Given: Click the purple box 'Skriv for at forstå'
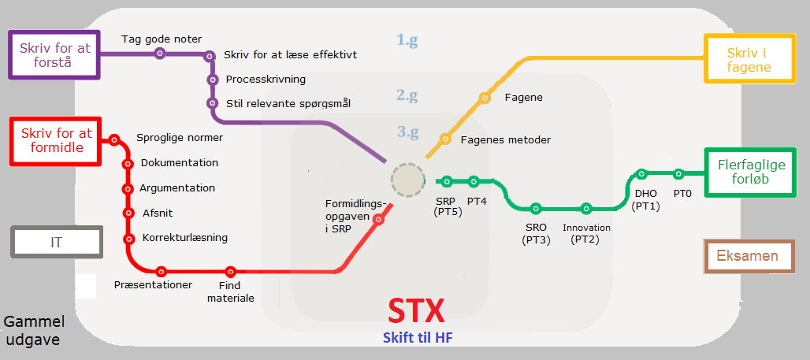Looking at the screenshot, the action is click(54, 55).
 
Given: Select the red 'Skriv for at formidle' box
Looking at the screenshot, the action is click(56, 140).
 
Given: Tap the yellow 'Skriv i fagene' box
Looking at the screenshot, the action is click(749, 58).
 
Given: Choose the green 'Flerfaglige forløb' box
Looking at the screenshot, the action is click(750, 172).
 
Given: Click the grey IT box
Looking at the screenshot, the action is click(57, 242).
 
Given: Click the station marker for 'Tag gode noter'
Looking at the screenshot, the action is click(160, 53).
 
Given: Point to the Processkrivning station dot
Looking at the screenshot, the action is click(212, 80).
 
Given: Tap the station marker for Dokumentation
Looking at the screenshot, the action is click(128, 164).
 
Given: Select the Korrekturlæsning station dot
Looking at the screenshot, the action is click(128, 239).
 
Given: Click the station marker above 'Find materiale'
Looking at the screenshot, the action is click(230, 271).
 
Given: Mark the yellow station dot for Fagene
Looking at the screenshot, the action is click(484, 97).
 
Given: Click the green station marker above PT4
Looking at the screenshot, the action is click(474, 181).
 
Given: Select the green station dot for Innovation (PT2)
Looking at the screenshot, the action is click(585, 209).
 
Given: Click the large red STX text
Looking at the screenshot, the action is click(416, 311).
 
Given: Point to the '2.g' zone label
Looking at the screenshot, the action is click(407, 95).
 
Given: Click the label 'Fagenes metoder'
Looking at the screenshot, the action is click(506, 140).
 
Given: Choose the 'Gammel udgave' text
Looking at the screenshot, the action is click(34, 331).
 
